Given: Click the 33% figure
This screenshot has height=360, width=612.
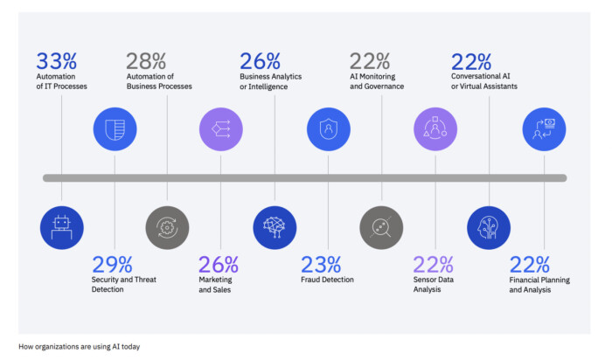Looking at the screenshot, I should pyautogui.click(x=56, y=61).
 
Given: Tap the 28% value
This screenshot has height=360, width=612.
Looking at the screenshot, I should pyautogui.click(x=145, y=61).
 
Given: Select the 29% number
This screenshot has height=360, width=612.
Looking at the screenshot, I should pyautogui.click(x=112, y=264).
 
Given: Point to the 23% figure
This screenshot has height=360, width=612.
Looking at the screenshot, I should pyautogui.click(x=320, y=264).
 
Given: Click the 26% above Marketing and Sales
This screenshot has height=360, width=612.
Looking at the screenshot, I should pyautogui.click(x=218, y=264).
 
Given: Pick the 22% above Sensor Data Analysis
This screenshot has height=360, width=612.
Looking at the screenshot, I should pyautogui.click(x=434, y=264).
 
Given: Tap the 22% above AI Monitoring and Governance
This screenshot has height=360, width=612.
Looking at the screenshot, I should pyautogui.click(x=369, y=61).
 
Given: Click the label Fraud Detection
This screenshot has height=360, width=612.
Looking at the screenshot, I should pyautogui.click(x=327, y=280).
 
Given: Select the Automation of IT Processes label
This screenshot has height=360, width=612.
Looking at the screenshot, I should pyautogui.click(x=61, y=81).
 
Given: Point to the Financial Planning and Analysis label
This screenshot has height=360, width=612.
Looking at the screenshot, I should pyautogui.click(x=530, y=285).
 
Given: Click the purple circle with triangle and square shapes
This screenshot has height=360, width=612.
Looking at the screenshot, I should pyautogui.click(x=435, y=129).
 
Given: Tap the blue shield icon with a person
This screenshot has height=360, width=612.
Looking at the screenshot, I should pyautogui.click(x=328, y=129).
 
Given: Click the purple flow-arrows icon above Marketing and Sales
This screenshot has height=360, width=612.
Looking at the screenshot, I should pyautogui.click(x=221, y=129).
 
